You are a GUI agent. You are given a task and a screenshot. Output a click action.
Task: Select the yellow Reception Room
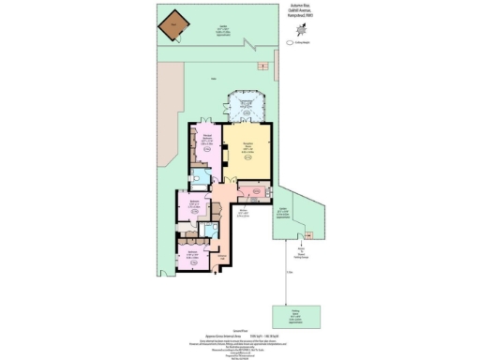point(247,149)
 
